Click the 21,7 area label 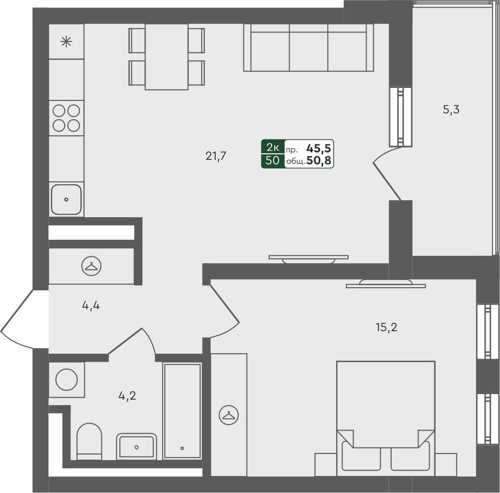pyautogui.click(x=216, y=156)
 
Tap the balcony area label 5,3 pyautogui.click(x=451, y=110)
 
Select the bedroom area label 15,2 pyautogui.click(x=386, y=328)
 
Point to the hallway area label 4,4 pyautogui.click(x=91, y=305)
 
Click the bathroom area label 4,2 pyautogui.click(x=127, y=396)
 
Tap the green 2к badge pyautogui.click(x=273, y=147)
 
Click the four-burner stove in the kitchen pyautogui.click(x=66, y=118)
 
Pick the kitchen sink pyautogui.click(x=66, y=199)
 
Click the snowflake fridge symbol pyautogui.click(x=66, y=41)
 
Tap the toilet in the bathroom pyautogui.click(x=89, y=442)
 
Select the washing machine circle pyautogui.click(x=66, y=380)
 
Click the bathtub pyautogui.click(x=182, y=411)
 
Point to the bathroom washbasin pyautogui.click(x=136, y=446)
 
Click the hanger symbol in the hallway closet pyautogui.click(x=91, y=266)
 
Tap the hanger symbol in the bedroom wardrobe pyautogui.click(x=229, y=415)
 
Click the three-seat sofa pyautogui.click(x=309, y=48)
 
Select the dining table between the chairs pyautogui.click(x=167, y=56)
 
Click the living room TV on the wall pyautogui.click(x=308, y=258)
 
